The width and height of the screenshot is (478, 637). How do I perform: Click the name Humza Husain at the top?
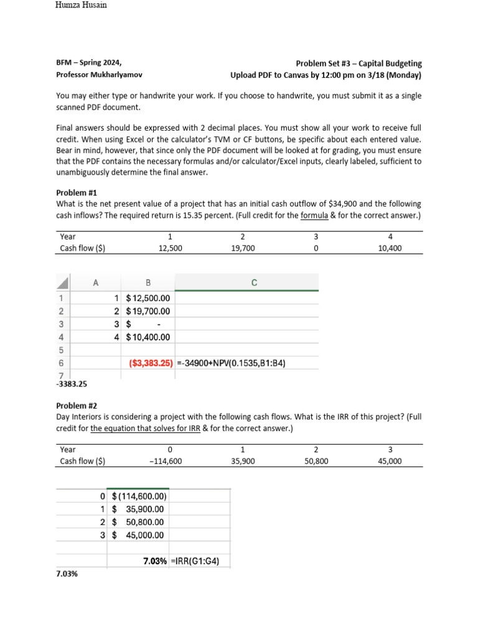pos(81,6)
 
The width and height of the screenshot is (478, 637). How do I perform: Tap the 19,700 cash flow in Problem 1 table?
pos(242,248)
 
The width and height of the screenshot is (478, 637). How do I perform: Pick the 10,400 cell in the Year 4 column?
pos(390,248)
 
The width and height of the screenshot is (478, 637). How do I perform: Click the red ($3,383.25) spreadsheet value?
pos(150,363)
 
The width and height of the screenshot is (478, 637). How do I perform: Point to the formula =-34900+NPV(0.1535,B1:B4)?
pos(231,363)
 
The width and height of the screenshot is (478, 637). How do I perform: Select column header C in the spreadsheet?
pos(254,283)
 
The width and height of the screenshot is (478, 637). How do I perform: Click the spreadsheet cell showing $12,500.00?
pos(148,298)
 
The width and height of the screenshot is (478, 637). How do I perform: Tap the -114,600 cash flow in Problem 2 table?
pos(169,461)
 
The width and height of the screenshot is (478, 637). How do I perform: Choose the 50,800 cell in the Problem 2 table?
pos(316,461)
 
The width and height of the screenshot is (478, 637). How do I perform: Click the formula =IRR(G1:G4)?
pos(194,561)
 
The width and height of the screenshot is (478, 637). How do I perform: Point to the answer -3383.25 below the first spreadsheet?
pos(72,384)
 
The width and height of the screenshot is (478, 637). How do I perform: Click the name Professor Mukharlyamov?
pos(99,75)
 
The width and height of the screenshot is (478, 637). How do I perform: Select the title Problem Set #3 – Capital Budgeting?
pos(358,63)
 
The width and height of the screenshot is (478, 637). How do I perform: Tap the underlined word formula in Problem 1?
pos(314,215)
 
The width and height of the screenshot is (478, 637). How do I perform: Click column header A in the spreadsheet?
pos(96,283)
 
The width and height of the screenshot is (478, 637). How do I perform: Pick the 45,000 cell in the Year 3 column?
pos(390,461)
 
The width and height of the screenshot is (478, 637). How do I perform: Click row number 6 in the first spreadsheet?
pos(60,363)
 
